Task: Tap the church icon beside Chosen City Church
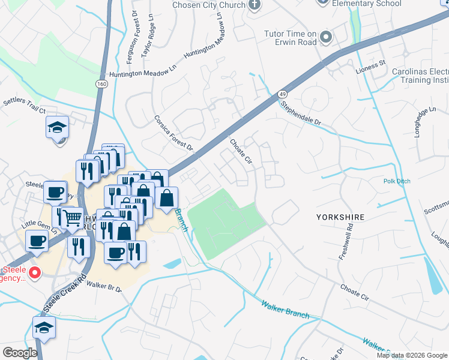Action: pyautogui.click(x=255, y=5)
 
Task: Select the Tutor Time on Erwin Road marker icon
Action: pyautogui.click(x=326, y=38)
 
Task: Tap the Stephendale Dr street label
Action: pyautogui.click(x=301, y=112)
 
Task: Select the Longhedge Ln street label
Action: pyautogui.click(x=424, y=122)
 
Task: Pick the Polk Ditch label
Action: pyautogui.click(x=396, y=181)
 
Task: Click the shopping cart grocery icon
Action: pyautogui.click(x=72, y=218)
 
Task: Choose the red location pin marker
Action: pyautogui.click(x=35, y=273)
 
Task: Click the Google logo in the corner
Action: pyautogui.click(x=19, y=352)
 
